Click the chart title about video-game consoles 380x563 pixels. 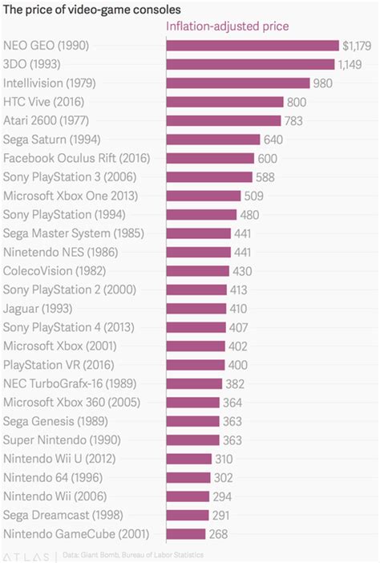pyautogui.click(x=91, y=8)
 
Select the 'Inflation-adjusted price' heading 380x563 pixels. pyautogui.click(x=227, y=26)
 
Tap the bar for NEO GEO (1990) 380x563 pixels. pyautogui.click(x=252, y=46)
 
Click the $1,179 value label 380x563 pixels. pyautogui.click(x=357, y=46)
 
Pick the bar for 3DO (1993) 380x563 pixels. pyautogui.click(x=249, y=64)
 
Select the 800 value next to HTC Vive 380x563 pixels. pyautogui.click(x=297, y=102)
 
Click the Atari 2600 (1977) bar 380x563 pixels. pyautogui.click(x=223, y=120)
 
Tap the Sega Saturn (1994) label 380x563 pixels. pyautogui.click(x=47, y=140)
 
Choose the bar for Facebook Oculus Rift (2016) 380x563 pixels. pyautogui.click(x=209, y=158)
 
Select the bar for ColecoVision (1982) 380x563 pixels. pyautogui.click(x=196, y=270)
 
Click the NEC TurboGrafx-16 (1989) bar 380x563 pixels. pyautogui.click(x=193, y=383)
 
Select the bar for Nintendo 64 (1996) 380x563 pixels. pyautogui.click(x=188, y=477)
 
